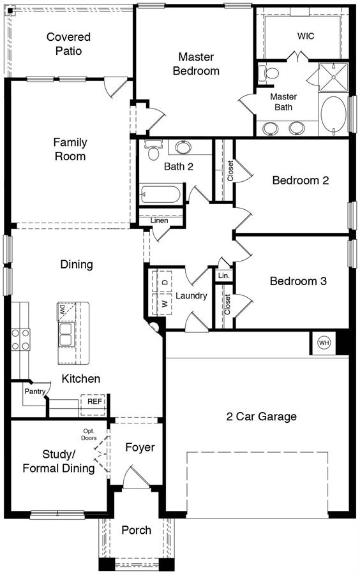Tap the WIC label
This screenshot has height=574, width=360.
tap(306, 36)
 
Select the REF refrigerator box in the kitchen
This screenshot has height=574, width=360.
tap(93, 404)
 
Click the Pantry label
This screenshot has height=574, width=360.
tap(35, 392)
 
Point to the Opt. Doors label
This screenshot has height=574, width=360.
tap(89, 434)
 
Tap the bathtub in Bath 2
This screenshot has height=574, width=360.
tap(160, 194)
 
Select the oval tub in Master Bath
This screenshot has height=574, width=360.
tap(333, 114)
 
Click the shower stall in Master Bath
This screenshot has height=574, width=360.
tap(333, 77)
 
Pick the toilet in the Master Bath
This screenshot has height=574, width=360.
tap(269, 73)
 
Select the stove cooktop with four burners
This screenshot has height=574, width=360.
tap(20, 339)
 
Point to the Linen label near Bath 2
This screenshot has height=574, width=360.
tap(160, 221)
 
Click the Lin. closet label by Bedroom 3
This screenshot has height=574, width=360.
tap(224, 276)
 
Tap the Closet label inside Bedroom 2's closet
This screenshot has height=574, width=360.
tap(230, 170)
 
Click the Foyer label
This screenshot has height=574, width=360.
tap(140, 447)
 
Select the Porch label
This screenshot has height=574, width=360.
tap(136, 530)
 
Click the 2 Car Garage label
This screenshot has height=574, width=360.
tap(262, 416)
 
